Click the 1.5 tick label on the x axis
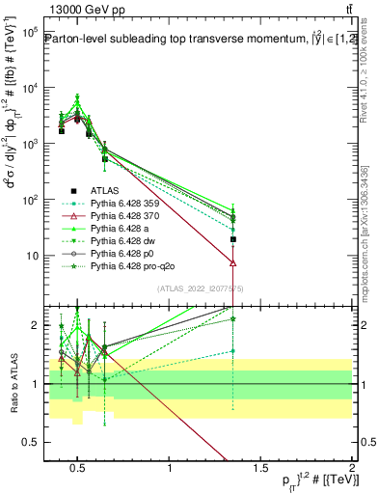pos(261,468)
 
